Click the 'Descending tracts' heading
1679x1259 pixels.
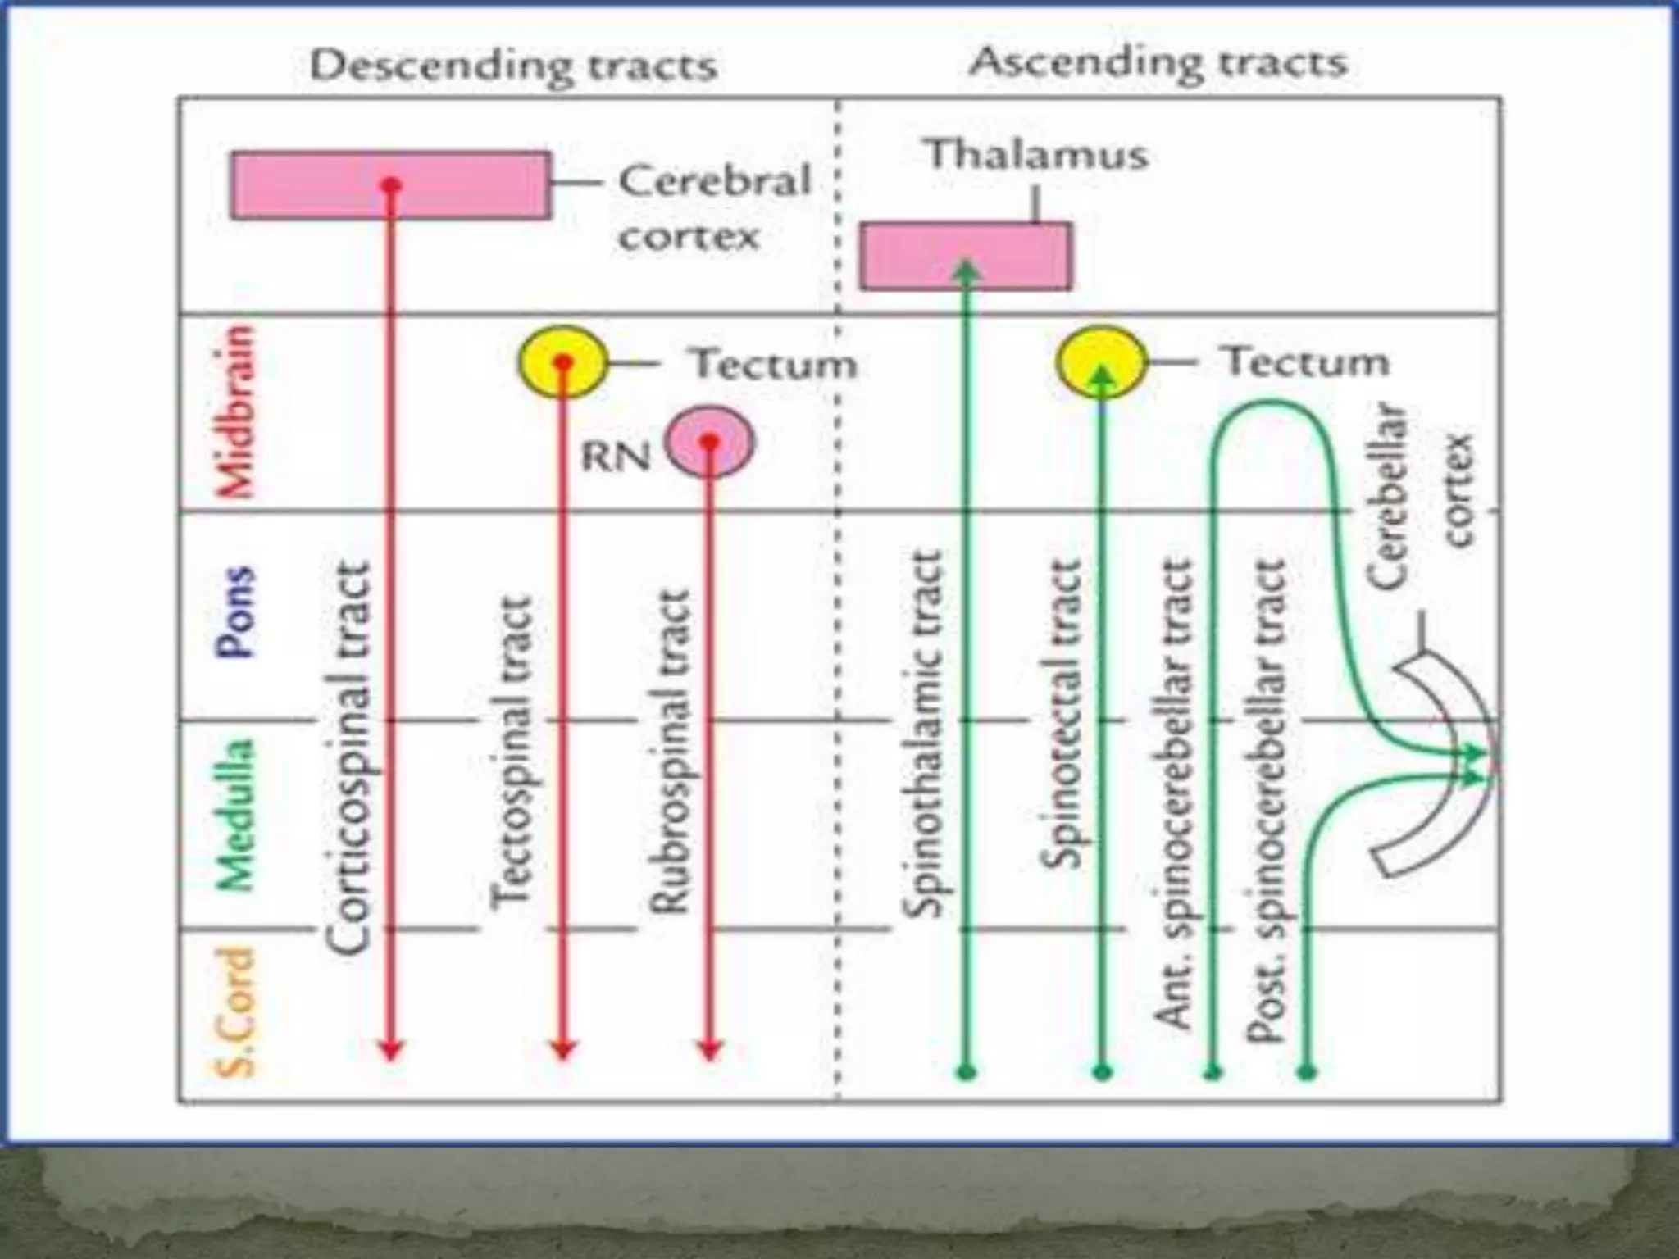click(x=514, y=66)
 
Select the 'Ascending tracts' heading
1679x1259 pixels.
click(x=1158, y=62)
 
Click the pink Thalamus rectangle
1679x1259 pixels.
click(x=1017, y=256)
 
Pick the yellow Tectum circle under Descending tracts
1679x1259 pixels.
click(x=562, y=362)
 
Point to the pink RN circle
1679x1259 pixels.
click(x=710, y=443)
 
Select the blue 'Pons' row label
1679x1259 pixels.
click(x=235, y=612)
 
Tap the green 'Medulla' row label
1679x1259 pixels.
click(x=235, y=816)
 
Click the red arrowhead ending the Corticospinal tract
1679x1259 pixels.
click(x=391, y=1049)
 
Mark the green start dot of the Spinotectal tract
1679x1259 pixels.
click(x=1103, y=1071)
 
